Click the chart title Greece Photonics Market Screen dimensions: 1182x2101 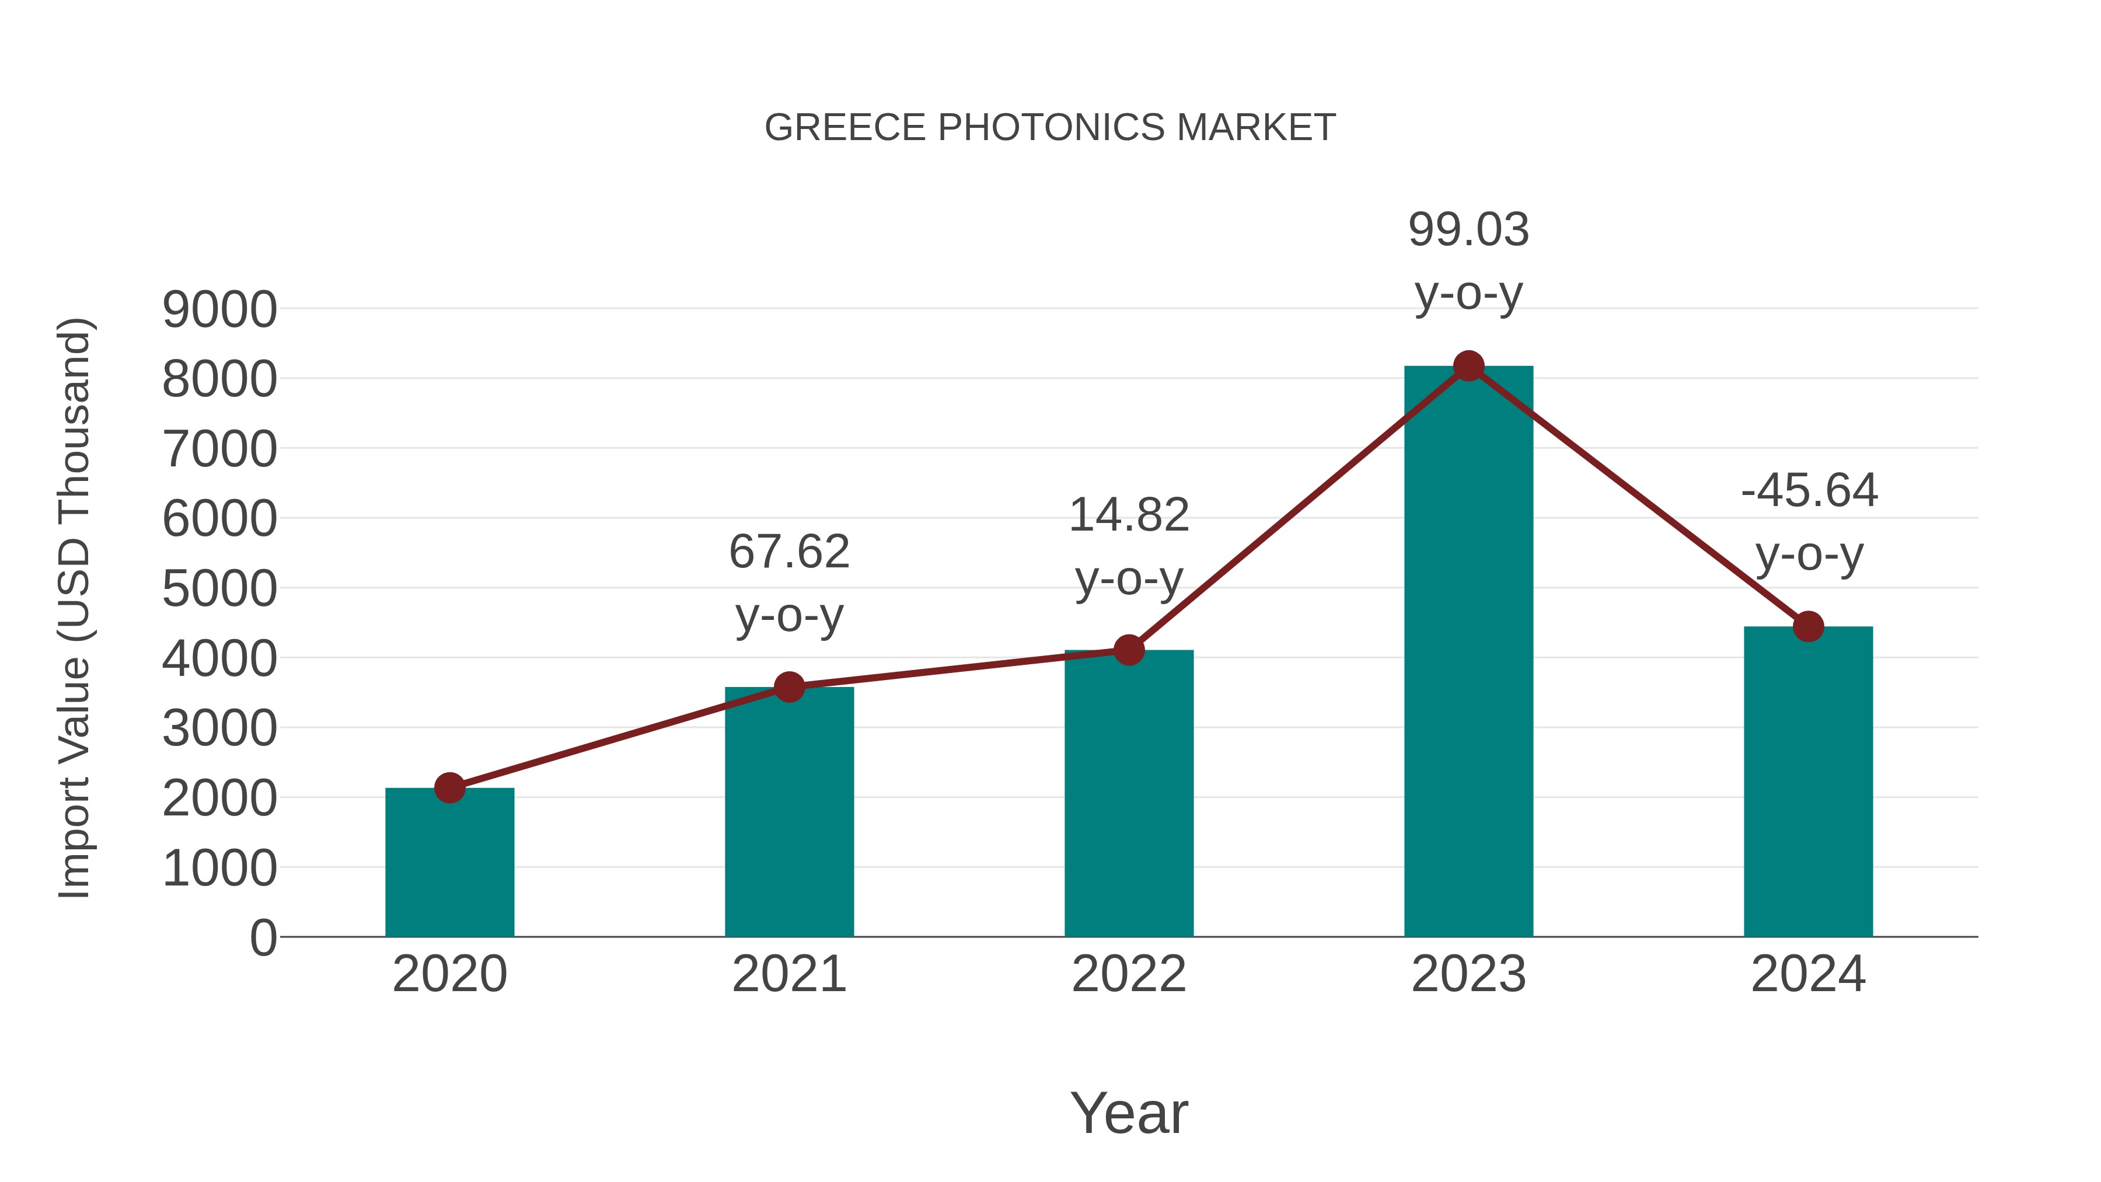pyautogui.click(x=1050, y=128)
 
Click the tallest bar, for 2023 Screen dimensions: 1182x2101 pyautogui.click(x=1468, y=652)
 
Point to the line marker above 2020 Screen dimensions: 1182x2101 pyautogui.click(x=449, y=788)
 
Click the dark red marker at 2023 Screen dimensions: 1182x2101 pyautogui.click(x=1468, y=366)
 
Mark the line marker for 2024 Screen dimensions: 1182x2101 pyautogui.click(x=1808, y=626)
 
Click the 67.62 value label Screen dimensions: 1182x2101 pyautogui.click(x=788, y=552)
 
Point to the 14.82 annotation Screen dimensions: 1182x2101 pyautogui.click(x=1129, y=515)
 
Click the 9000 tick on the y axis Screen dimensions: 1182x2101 pyautogui.click(x=219, y=310)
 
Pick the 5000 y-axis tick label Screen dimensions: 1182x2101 pyautogui.click(x=219, y=589)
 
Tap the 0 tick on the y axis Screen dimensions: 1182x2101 pyautogui.click(x=263, y=938)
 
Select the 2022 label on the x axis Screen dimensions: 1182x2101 pyautogui.click(x=1129, y=974)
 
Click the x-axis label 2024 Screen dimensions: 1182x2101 pyautogui.click(x=1808, y=974)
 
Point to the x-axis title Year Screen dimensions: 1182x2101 pyautogui.click(x=1129, y=1113)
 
